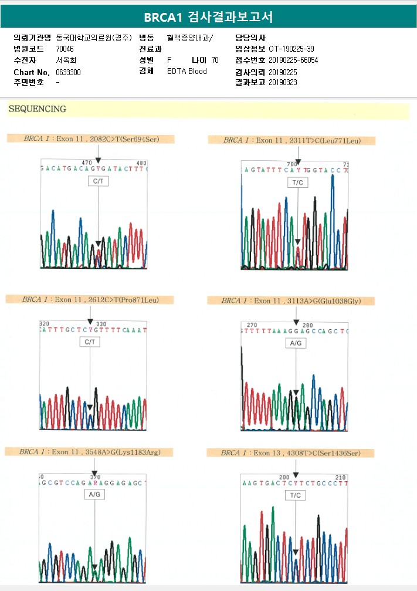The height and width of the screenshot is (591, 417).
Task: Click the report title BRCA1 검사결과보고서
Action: coord(208,17)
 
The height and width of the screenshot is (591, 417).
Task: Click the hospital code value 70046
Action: coord(66,49)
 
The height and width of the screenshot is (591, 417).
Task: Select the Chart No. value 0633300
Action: coord(68,72)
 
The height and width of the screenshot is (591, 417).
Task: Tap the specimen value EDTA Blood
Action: coord(187,72)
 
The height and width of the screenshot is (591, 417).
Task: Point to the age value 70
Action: coord(215,60)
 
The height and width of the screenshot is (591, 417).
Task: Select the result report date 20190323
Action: coord(283,83)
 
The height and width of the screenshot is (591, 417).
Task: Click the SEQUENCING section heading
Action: coord(37,109)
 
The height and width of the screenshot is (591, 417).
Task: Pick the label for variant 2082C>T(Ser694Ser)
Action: coord(91,139)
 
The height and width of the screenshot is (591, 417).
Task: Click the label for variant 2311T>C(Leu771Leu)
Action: coord(291,140)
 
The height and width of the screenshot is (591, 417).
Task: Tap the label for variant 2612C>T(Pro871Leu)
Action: coord(90,299)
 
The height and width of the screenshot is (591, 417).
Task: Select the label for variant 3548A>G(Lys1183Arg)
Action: coord(90,452)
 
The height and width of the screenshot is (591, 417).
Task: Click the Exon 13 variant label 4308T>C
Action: coord(291,453)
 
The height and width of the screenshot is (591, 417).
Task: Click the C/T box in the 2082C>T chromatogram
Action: coord(98,182)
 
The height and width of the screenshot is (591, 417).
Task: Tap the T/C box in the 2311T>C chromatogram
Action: coord(297,183)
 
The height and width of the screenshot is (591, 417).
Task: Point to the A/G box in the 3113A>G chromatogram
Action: coord(295,343)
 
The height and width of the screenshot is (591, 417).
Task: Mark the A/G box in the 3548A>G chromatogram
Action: coord(94,495)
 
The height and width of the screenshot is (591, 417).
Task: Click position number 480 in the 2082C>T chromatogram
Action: coord(141,163)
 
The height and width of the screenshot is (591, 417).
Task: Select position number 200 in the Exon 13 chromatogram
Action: coord(284,477)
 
